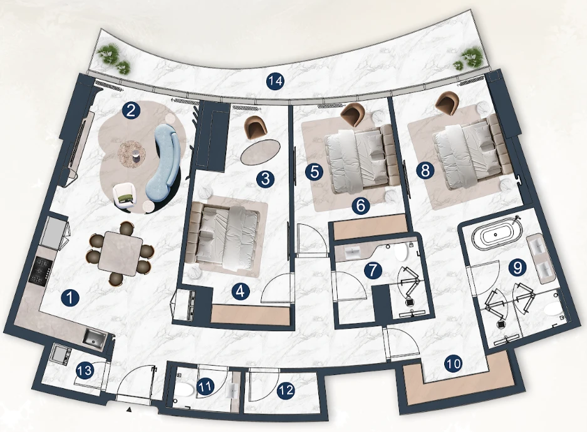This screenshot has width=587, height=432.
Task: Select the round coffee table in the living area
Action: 132,153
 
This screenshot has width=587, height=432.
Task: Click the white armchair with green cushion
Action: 125,195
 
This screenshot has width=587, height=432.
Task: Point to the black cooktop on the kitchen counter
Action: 39,270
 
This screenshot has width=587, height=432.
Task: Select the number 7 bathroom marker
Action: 373,270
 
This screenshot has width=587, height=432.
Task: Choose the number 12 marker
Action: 286,391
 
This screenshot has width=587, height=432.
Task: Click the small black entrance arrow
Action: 129,410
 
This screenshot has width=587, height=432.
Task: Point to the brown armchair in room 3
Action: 256,128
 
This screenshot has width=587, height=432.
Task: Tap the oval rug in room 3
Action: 260,152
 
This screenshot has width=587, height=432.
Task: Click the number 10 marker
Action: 453,364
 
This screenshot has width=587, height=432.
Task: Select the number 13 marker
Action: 84,371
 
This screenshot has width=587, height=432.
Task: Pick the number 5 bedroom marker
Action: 314,172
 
